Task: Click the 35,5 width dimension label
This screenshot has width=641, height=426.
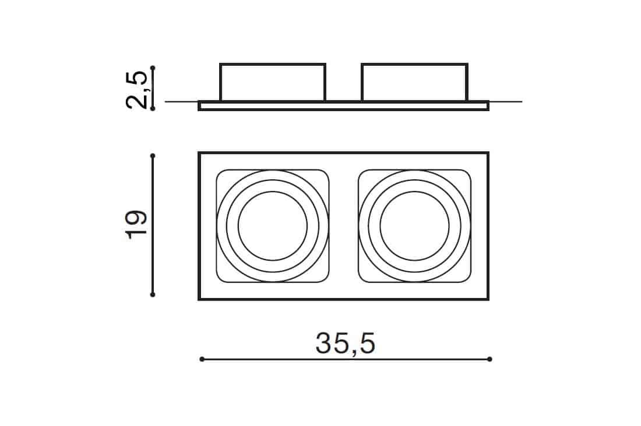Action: tap(346, 344)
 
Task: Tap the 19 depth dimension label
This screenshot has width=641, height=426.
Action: tap(136, 225)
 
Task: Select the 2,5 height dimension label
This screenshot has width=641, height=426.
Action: tap(136, 90)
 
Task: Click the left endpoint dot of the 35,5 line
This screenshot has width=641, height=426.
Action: tap(202, 359)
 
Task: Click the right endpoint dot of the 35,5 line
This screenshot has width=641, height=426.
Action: tap(489, 359)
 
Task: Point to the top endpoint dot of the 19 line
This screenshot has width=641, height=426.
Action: tap(153, 155)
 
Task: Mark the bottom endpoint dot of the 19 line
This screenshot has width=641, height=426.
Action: tap(153, 294)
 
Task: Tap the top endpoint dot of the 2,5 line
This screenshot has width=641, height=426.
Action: tap(153, 68)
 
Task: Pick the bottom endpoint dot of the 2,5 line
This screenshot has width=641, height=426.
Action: tap(153, 109)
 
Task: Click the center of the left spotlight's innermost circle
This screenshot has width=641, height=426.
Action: tap(272, 225)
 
